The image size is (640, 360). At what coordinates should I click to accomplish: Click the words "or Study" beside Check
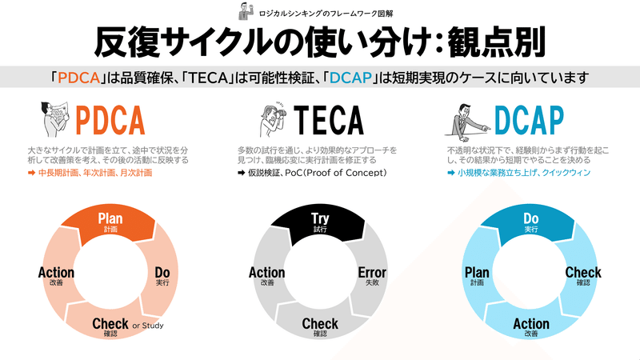coord(149,326)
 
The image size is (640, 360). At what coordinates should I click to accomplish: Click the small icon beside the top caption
coord(243,11)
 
